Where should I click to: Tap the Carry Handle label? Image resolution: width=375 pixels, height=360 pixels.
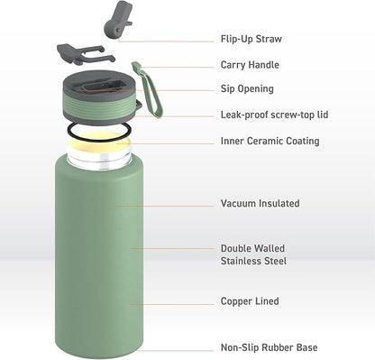click(x=250, y=65)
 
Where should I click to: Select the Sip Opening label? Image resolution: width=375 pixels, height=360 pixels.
click(x=247, y=89)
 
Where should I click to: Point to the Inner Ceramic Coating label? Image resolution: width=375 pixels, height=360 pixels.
click(x=270, y=141)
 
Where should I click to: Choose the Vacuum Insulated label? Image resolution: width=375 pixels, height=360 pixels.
click(x=260, y=204)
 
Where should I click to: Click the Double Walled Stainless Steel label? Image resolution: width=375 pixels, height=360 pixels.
click(x=253, y=254)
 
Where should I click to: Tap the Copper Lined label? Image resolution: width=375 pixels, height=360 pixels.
click(x=250, y=301)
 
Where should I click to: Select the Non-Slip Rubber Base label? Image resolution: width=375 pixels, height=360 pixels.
click(x=269, y=347)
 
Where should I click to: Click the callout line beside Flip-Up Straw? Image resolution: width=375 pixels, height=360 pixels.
click(x=166, y=41)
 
